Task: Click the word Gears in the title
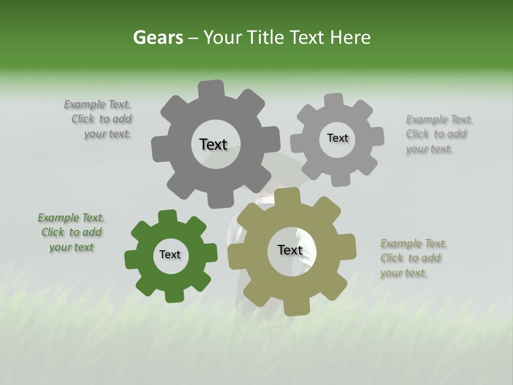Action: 158,37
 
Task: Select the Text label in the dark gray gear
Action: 213,144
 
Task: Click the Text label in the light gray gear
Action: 337,138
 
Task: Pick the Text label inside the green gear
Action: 170,255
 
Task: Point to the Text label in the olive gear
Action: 290,250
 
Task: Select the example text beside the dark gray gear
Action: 99,119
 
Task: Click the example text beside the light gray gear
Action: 438,134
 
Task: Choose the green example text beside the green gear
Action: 72,233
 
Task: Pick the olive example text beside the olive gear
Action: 413,258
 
